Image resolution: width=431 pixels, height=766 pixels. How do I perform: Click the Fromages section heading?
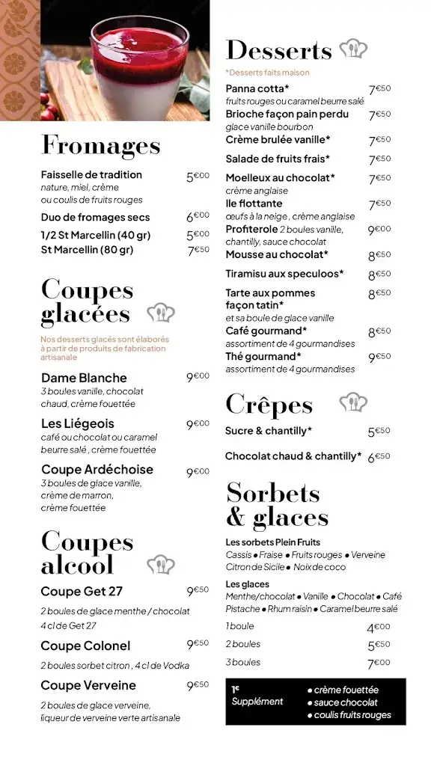[x=100, y=145]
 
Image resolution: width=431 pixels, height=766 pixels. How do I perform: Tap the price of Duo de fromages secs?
[x=198, y=217]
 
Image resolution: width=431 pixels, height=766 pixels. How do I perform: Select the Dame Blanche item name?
[x=84, y=378]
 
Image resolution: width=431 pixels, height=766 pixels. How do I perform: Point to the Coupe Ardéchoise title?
[x=97, y=470]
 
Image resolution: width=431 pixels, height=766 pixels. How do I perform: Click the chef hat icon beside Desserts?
[x=353, y=49]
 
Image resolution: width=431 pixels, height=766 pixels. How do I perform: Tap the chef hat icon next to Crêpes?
[x=353, y=403]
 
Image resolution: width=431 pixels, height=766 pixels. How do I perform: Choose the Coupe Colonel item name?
[x=85, y=646]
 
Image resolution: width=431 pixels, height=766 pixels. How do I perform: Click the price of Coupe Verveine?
[x=198, y=685]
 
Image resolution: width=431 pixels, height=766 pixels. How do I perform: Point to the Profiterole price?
[x=379, y=230]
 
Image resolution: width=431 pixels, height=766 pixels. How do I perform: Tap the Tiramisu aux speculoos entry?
[x=284, y=274]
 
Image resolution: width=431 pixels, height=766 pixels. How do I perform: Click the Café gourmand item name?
[x=266, y=331]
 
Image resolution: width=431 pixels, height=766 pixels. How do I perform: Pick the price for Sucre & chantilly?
[x=379, y=432]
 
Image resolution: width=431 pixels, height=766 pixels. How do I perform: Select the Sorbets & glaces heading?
[x=277, y=505]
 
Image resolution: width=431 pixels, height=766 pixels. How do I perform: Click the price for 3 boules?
[x=379, y=663]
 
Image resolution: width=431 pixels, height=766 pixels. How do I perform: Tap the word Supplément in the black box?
[x=257, y=702]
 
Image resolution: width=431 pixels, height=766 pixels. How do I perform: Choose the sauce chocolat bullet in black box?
[x=346, y=702]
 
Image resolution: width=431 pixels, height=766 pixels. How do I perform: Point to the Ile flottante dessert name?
[x=254, y=203]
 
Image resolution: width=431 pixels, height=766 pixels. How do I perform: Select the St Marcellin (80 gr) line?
[x=87, y=250]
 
